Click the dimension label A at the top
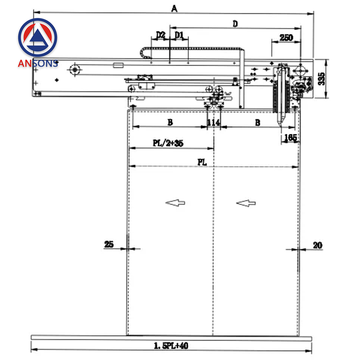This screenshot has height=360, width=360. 174,9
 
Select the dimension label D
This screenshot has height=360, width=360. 235,24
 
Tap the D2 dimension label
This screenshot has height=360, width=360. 161,35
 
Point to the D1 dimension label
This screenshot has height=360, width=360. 179,35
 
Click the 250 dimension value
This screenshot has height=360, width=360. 286,37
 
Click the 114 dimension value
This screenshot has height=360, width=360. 213,123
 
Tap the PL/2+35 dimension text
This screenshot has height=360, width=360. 168,143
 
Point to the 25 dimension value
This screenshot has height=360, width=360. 109,244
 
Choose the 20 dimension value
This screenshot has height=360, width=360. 317,245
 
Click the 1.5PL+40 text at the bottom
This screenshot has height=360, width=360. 171,346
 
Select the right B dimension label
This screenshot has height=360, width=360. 257,123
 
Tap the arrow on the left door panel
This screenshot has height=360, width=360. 175,203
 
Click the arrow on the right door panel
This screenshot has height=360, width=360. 246,203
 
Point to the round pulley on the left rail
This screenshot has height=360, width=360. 75,69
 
